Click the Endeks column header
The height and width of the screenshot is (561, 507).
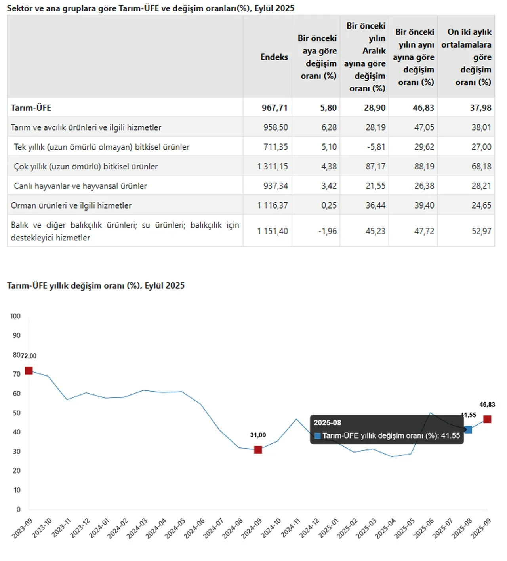274,57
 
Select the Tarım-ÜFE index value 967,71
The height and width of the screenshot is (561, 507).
274,108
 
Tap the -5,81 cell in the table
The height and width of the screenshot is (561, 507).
375,147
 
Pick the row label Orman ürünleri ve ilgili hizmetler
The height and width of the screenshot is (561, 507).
71,205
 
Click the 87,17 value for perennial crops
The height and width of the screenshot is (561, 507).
375,166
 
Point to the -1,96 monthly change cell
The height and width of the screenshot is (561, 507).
328,231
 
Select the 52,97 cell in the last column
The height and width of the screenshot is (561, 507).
481,231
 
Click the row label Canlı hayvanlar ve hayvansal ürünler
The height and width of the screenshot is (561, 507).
80,186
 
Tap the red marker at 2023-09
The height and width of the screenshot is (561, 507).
29,371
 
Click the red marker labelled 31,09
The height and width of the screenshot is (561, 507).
258,450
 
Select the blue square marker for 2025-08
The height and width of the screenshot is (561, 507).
468,430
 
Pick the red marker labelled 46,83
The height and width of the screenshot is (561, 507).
487,419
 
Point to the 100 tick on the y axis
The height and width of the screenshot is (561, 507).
15,316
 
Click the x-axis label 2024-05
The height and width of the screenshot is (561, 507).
175,529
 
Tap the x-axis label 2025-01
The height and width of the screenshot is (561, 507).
328,529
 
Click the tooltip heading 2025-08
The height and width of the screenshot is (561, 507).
328,423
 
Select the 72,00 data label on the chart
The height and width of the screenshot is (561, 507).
29,356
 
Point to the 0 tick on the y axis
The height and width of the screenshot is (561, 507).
18,510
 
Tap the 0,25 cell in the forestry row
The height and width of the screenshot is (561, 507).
329,205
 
